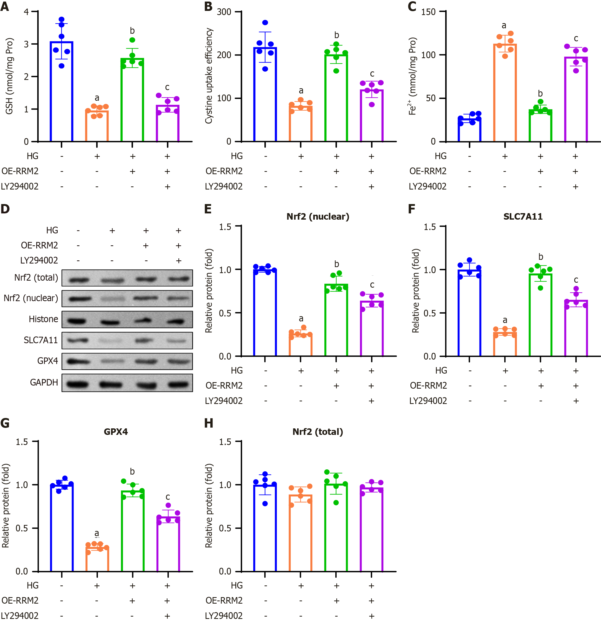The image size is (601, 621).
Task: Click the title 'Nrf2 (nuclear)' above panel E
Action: click(318, 217)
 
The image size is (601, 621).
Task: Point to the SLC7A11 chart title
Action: click(523, 217)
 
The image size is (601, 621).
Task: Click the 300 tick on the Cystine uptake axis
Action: click(224, 12)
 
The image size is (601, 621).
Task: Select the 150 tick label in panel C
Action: click(428, 12)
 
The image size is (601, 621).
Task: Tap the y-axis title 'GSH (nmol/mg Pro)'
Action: click(10, 76)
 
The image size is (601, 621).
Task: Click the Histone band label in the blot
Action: click(43, 319)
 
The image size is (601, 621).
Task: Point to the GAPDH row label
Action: click(44, 382)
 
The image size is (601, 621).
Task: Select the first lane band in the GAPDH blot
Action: click(78, 384)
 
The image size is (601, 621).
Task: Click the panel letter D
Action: click(5, 209)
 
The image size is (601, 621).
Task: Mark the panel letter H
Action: click(209, 423)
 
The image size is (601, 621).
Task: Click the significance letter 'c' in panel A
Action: click(167, 87)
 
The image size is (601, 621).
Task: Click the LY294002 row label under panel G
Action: click(20, 615)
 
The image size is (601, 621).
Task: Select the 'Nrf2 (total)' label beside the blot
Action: click(36, 278)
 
